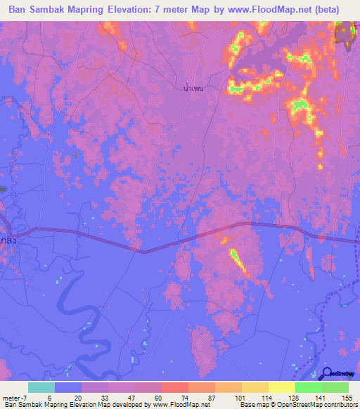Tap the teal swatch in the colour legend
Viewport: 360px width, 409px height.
41,387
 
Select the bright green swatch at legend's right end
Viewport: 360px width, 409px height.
335,387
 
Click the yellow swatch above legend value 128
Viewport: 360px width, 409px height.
282,387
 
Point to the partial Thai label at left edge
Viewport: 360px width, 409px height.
7,239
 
